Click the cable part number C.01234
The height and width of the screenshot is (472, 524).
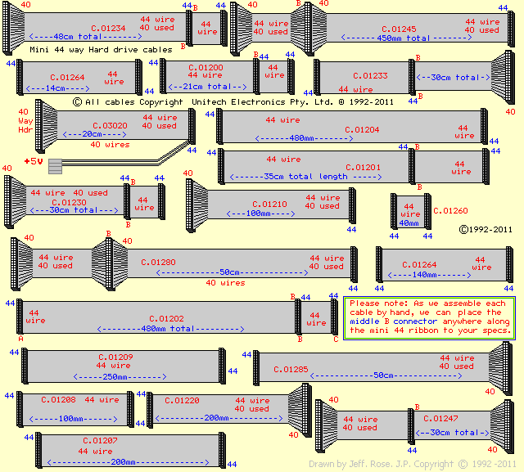107,28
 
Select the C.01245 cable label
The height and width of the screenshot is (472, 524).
398,29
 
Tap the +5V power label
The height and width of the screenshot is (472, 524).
33,161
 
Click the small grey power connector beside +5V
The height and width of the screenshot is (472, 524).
56,165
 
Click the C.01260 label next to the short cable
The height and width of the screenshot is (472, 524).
450,210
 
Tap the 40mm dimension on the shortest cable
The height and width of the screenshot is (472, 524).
409,223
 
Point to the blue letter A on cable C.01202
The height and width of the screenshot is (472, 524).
20,338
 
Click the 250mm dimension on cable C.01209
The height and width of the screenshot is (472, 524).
120,376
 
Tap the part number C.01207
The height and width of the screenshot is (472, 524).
100,441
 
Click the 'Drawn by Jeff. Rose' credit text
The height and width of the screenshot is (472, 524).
352,464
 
